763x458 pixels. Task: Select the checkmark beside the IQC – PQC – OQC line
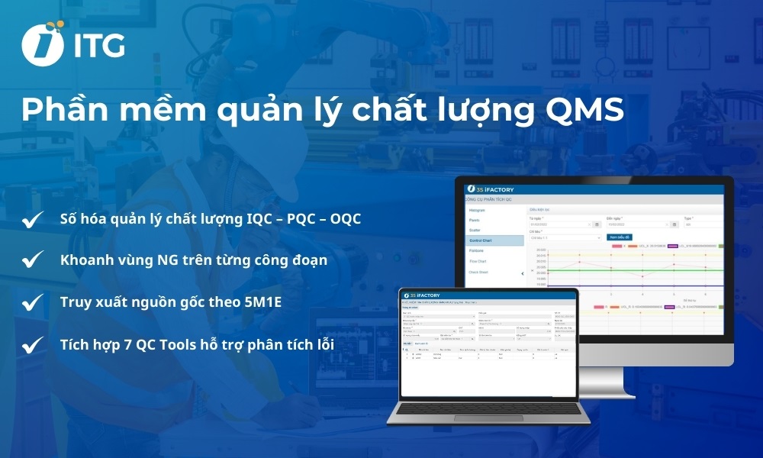(32, 220)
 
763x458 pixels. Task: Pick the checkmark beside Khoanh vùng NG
(32, 261)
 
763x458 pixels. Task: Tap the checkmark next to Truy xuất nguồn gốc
(32, 302)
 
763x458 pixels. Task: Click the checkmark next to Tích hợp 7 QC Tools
(32, 346)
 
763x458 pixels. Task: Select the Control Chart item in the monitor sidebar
(480, 240)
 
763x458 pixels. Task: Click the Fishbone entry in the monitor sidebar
(478, 250)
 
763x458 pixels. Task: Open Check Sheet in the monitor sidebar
(479, 272)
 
